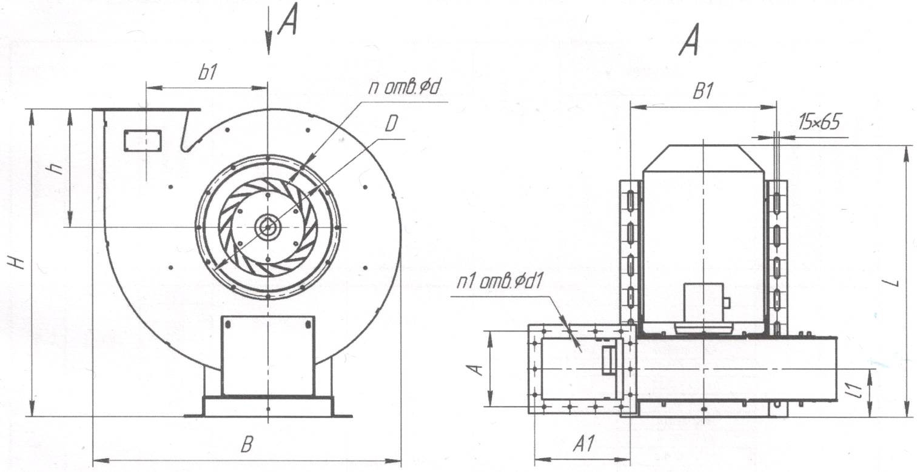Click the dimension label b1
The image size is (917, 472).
pos(207,73)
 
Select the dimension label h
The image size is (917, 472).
pos(58,167)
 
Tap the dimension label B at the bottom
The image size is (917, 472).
pos(246,446)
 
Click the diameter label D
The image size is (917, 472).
pos(391,124)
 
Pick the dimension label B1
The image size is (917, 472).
pos(703,92)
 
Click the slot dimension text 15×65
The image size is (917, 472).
pos(819,123)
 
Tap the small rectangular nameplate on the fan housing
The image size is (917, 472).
pos(143,141)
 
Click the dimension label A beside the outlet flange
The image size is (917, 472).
pos(478,368)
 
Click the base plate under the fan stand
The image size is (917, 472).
pos(268,406)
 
